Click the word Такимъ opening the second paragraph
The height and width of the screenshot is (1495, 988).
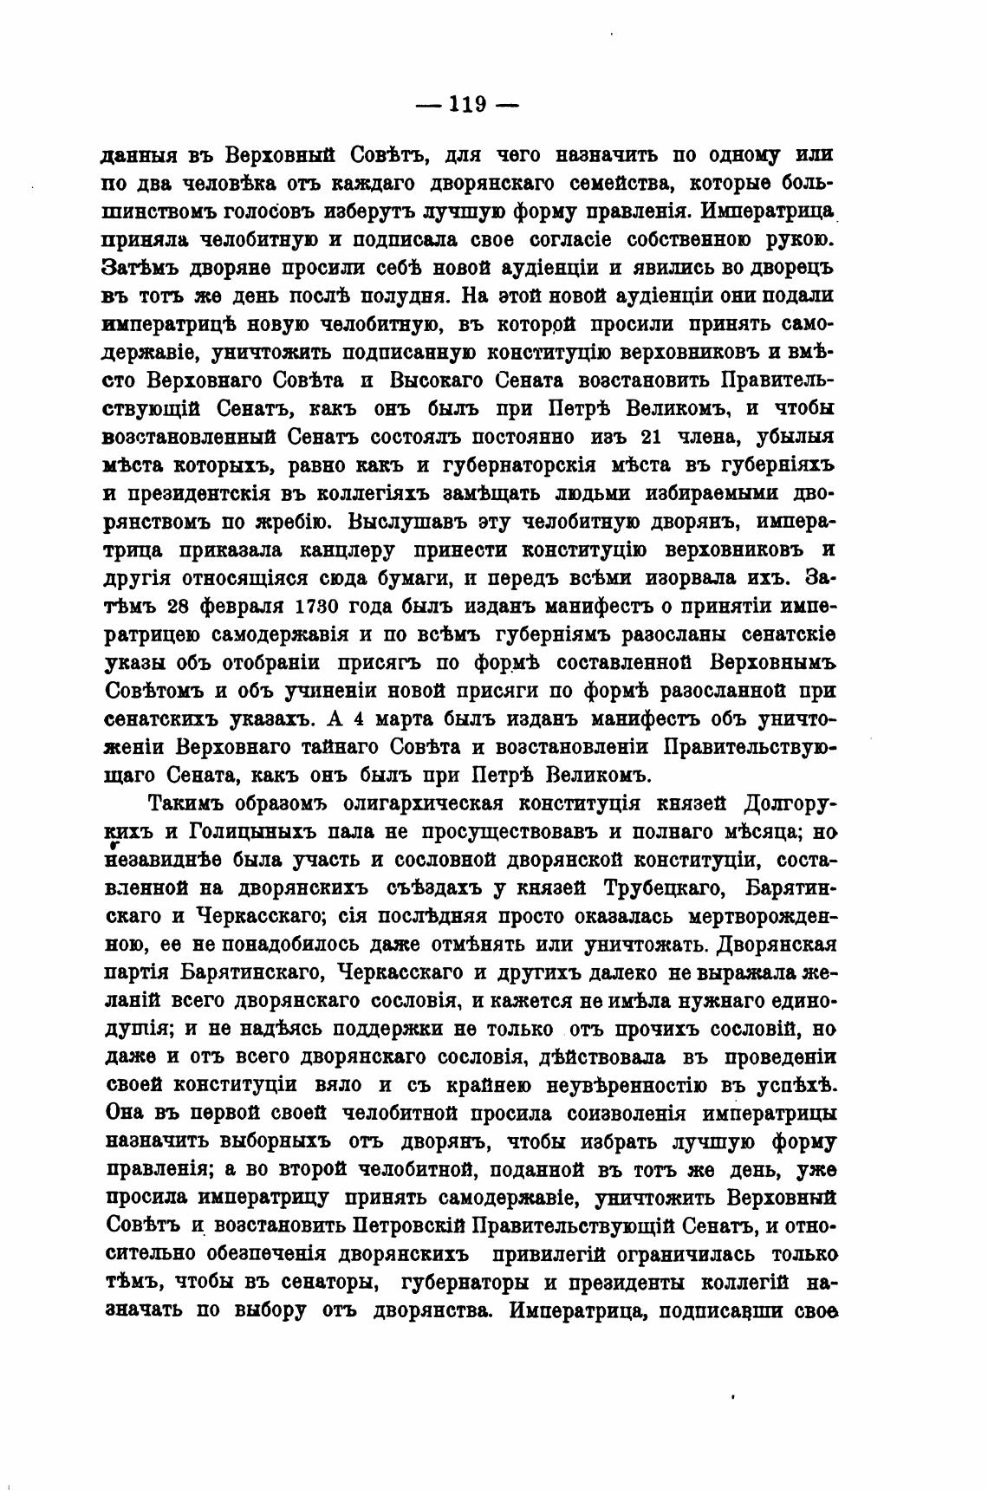pyautogui.click(x=188, y=803)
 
